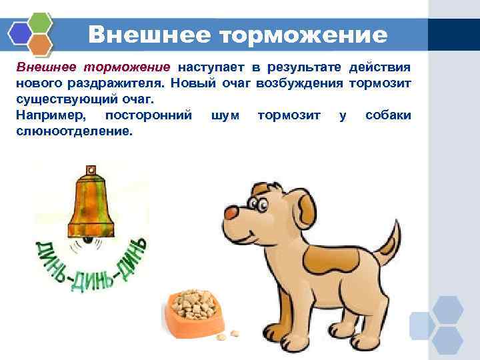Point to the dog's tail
point(389,243)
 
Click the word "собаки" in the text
point(388,116)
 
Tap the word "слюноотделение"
point(73,131)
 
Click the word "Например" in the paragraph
point(55,116)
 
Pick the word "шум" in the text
point(224,116)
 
